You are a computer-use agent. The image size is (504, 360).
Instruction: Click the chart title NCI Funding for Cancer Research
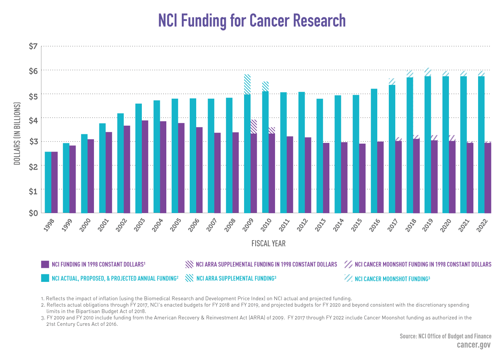point(252,21)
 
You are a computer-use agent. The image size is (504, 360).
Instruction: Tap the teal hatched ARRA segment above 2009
point(247,84)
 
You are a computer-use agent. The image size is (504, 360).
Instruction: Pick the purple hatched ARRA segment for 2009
point(254,126)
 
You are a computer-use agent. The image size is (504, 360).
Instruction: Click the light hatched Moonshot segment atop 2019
point(428,72)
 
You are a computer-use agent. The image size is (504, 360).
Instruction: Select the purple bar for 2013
point(326,178)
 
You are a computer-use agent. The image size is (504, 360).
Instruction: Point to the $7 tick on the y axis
point(33,46)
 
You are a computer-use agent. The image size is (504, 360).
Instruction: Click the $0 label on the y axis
point(33,213)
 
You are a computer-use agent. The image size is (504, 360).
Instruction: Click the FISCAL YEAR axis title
point(269,244)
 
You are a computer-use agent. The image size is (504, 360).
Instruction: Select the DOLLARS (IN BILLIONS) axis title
point(17,134)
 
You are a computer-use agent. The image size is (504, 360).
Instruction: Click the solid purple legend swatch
point(45,264)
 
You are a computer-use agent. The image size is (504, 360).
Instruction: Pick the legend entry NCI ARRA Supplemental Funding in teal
point(236,278)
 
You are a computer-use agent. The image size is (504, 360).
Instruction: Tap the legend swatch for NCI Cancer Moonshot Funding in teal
point(348,278)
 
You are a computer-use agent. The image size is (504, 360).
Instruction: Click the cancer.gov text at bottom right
point(473,345)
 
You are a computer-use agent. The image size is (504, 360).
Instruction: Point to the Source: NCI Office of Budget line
point(445,336)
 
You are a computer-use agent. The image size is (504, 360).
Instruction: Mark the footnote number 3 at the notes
point(42,318)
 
